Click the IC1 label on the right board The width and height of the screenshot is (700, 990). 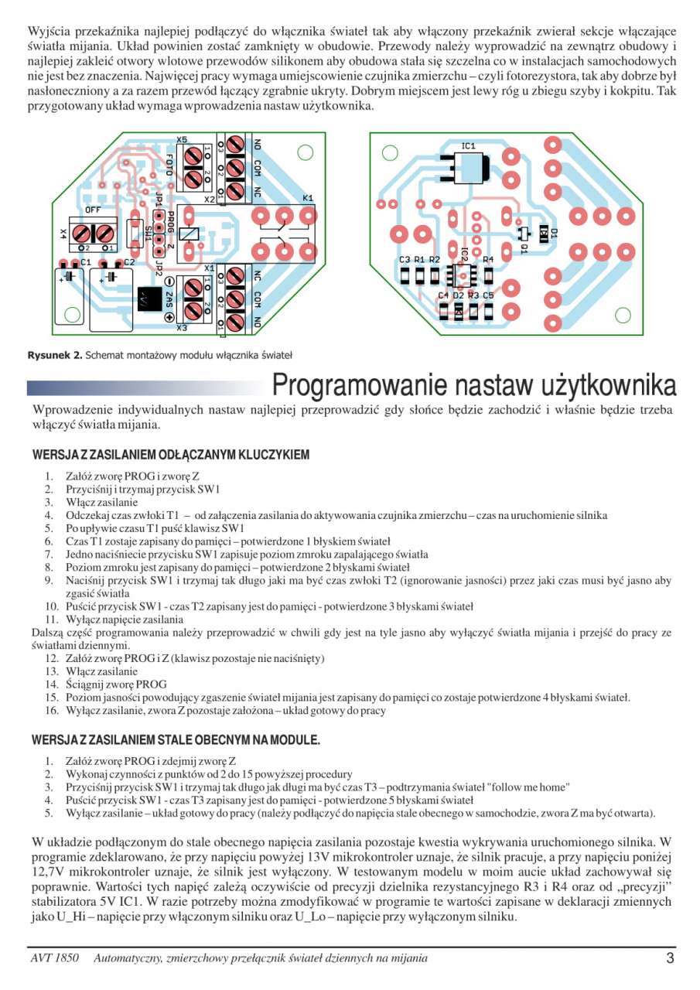[x=468, y=145]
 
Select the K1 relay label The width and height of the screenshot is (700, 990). [x=307, y=198]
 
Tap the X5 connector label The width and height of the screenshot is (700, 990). [x=182, y=139]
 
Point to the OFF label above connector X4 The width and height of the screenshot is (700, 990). [x=92, y=210]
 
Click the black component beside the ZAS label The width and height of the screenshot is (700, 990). [x=148, y=298]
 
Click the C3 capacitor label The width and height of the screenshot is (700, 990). [x=405, y=260]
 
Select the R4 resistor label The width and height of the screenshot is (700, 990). [x=487, y=260]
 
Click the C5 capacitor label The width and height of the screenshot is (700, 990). [x=488, y=295]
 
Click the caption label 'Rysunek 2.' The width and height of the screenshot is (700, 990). [x=54, y=355]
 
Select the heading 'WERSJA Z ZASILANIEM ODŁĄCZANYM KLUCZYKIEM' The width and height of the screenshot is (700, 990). [x=170, y=455]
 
